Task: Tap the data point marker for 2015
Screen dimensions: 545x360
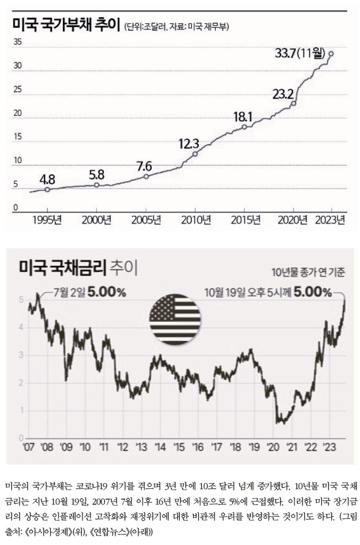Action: pyautogui.click(x=244, y=127)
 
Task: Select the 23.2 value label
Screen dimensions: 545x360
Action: pyautogui.click(x=283, y=94)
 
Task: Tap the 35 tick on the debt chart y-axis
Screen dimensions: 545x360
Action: pyautogui.click(x=17, y=43)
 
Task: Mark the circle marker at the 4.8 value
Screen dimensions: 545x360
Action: pyautogui.click(x=47, y=189)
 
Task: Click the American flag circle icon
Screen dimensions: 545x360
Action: pyautogui.click(x=175, y=318)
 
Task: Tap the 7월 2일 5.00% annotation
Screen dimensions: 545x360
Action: pyautogui.click(x=89, y=292)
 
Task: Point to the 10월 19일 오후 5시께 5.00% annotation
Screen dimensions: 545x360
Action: pyautogui.click(x=269, y=292)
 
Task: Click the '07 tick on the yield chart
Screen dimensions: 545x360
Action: pyautogui.click(x=28, y=446)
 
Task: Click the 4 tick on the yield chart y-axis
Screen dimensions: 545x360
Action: pyautogui.click(x=21, y=327)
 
